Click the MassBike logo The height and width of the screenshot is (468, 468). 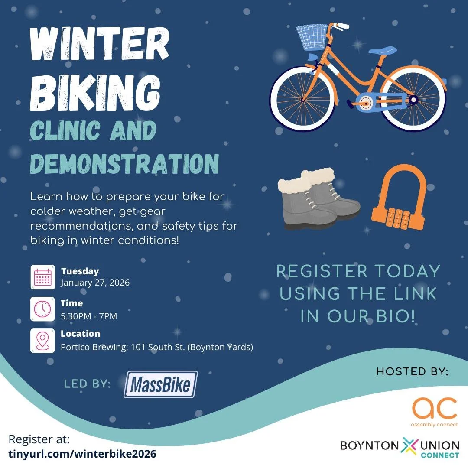click(x=160, y=384)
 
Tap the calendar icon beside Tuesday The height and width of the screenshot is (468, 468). click(x=42, y=277)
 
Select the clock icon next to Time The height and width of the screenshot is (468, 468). click(x=42, y=309)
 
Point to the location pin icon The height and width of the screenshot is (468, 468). click(x=42, y=341)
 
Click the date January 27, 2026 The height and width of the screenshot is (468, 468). click(x=95, y=283)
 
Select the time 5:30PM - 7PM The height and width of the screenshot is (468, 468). click(x=89, y=316)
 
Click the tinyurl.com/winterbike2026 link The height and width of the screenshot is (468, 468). click(x=82, y=454)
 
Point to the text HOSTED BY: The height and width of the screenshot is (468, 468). click(x=412, y=371)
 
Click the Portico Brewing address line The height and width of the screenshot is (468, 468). click(x=157, y=347)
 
